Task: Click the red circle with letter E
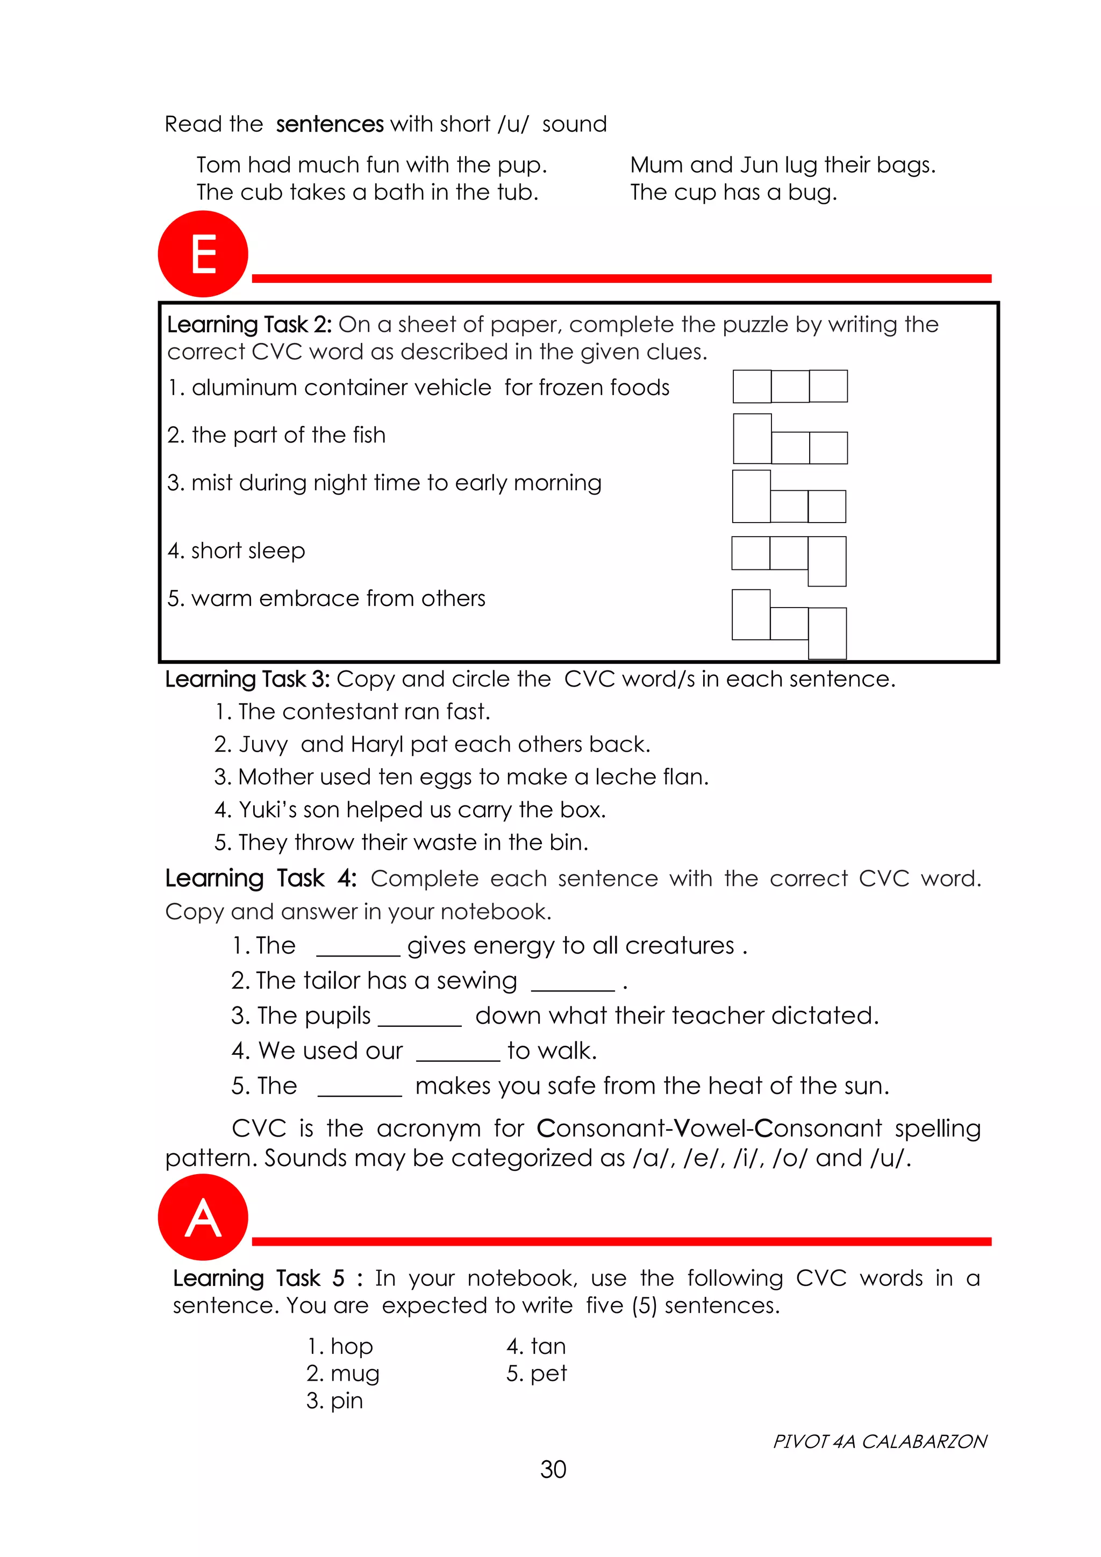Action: [203, 254]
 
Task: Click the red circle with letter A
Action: [203, 1217]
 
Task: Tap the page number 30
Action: [553, 1469]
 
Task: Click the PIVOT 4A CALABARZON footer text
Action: [880, 1441]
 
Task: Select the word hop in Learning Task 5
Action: [351, 1346]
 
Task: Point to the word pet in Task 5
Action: [548, 1373]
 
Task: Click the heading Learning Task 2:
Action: [249, 325]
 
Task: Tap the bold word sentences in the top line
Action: [330, 124]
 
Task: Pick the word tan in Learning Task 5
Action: [548, 1346]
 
